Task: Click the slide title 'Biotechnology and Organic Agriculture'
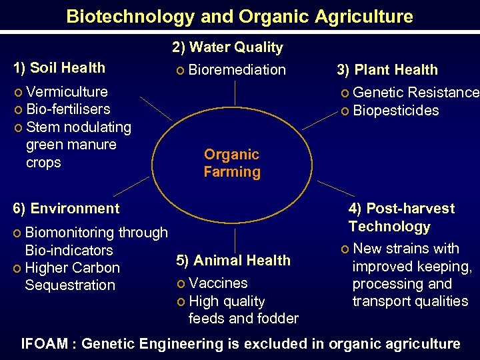tap(240, 16)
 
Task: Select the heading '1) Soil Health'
tap(59, 67)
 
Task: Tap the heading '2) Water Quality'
tap(227, 47)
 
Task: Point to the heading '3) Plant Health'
tap(387, 70)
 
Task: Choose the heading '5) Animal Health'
tap(233, 260)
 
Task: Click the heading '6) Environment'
tap(67, 208)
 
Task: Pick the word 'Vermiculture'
tap(67, 91)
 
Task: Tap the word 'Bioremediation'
tap(237, 70)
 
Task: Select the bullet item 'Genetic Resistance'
tap(415, 93)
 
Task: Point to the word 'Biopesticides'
tap(396, 111)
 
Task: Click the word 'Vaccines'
tap(218, 283)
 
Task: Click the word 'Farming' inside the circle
tap(232, 172)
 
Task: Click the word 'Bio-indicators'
tap(69, 251)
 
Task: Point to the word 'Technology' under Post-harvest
tap(389, 227)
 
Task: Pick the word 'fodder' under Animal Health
tap(279, 319)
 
